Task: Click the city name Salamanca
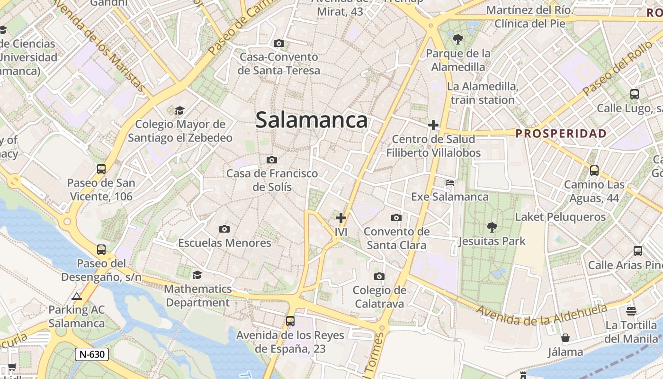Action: point(312,120)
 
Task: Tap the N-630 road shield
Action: point(92,354)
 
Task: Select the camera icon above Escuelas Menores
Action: point(224,229)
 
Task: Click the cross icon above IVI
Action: point(341,218)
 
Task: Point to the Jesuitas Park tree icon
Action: point(492,227)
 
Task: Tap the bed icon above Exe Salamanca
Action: point(450,183)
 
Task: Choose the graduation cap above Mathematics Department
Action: point(197,275)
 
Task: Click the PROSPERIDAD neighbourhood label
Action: point(561,134)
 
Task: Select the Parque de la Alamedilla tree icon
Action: point(457,39)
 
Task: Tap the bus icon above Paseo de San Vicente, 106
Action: point(101,169)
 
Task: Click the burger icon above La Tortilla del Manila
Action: point(631,311)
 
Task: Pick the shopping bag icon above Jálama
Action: point(565,338)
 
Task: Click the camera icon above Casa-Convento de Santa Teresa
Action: point(279,44)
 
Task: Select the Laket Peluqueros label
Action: point(560,217)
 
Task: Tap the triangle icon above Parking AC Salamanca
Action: point(77,297)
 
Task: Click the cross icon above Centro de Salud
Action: point(433,125)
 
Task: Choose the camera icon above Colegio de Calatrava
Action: point(379,277)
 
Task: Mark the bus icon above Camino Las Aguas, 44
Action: point(594,171)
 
